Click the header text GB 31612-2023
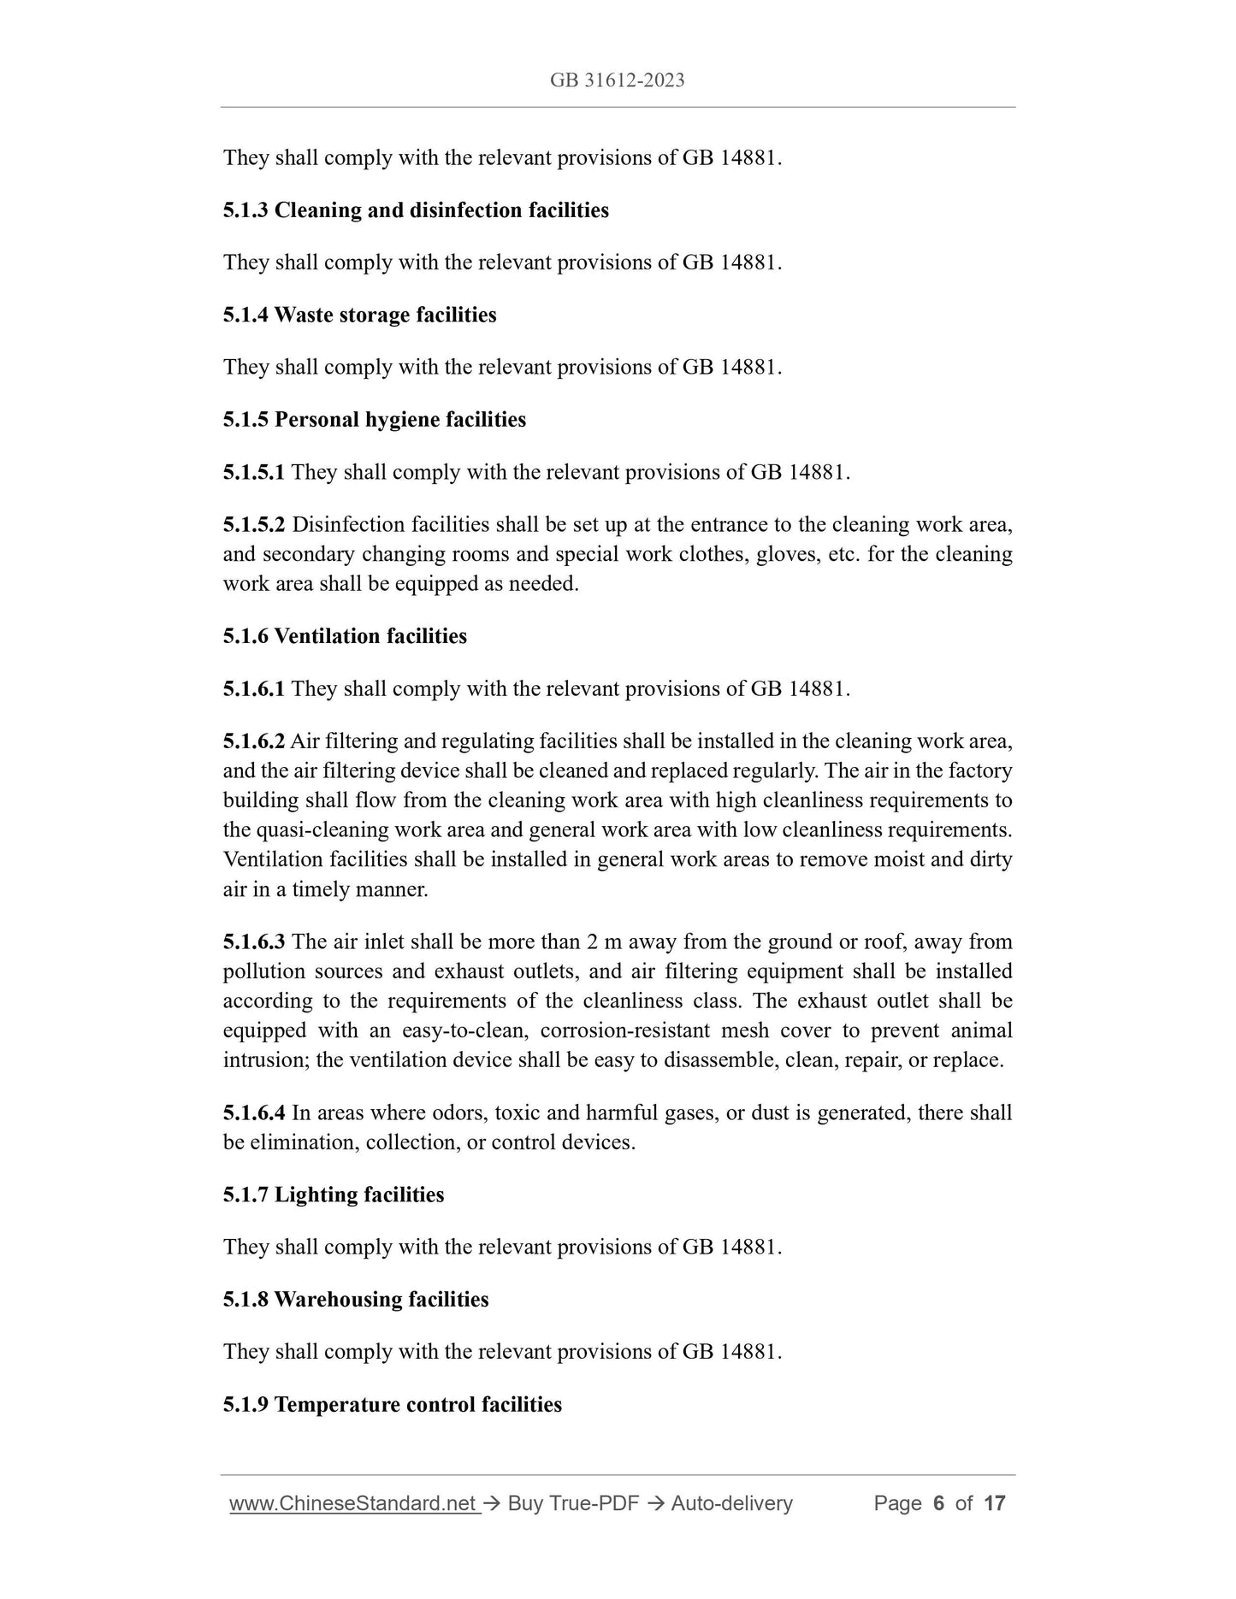click(617, 80)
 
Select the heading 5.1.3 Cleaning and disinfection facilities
click(416, 210)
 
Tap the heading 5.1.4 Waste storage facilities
click(359, 316)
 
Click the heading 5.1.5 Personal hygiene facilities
click(374, 420)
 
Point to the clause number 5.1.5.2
click(254, 525)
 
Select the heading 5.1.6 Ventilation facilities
click(345, 636)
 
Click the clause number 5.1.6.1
click(254, 689)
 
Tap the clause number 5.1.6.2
click(254, 741)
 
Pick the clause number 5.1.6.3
click(254, 942)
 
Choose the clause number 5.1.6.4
click(254, 1113)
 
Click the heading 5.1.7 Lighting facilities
click(334, 1195)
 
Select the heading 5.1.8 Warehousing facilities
click(356, 1300)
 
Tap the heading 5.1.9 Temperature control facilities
click(393, 1405)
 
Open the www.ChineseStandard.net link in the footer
click(353, 1503)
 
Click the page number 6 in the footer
click(938, 1503)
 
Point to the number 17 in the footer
click(994, 1503)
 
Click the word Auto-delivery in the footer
click(731, 1503)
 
